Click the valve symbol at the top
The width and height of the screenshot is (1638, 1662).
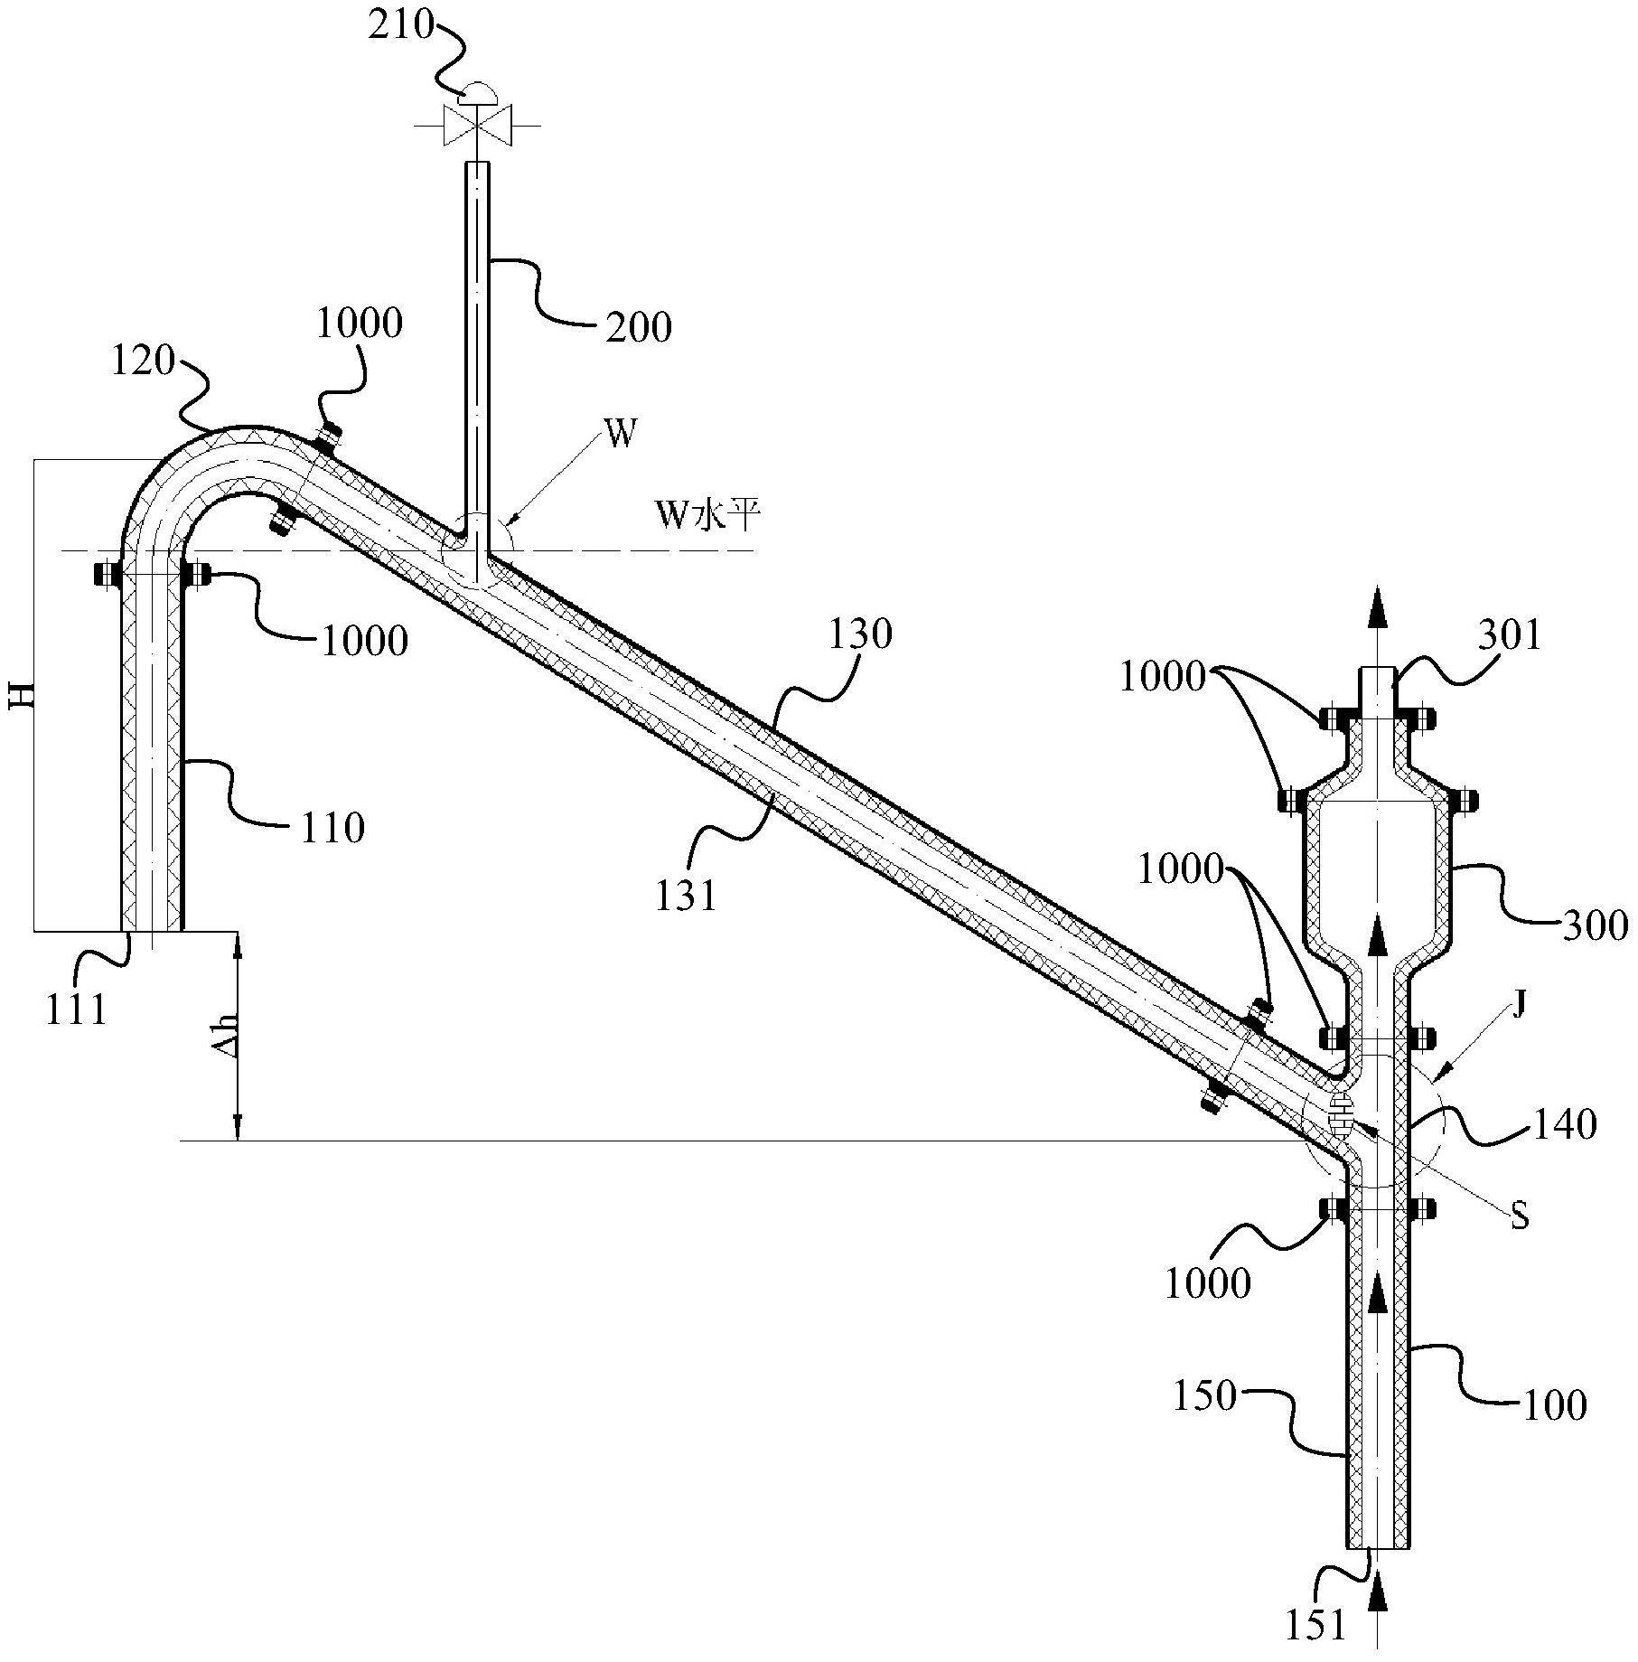click(x=477, y=125)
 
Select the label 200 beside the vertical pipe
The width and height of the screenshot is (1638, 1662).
click(x=638, y=327)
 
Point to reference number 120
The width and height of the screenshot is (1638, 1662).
click(x=142, y=362)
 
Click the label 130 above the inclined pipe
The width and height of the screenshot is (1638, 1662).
click(x=860, y=634)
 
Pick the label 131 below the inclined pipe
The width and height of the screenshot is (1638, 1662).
click(x=688, y=896)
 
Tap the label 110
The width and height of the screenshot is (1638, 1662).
click(x=332, y=828)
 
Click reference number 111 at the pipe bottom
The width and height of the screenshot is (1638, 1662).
click(x=77, y=1009)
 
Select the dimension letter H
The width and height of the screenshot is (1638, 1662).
click(x=23, y=694)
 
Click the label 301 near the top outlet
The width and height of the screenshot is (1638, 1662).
click(x=1510, y=635)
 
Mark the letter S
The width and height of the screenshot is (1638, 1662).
click(x=1521, y=1216)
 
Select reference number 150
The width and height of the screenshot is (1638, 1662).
click(x=1203, y=1396)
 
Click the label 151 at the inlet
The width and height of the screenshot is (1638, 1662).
click(x=1315, y=1627)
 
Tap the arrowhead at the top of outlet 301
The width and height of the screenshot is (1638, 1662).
click(x=1378, y=605)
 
